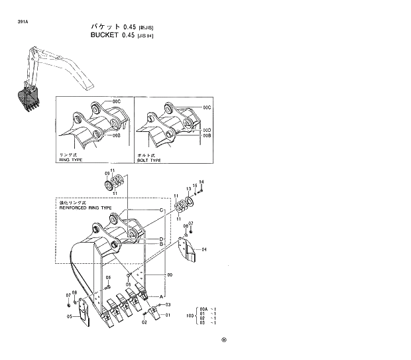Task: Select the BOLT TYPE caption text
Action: tap(148, 160)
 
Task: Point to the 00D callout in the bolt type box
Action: tap(207, 129)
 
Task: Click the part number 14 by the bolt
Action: tap(202, 182)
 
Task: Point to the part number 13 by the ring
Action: tap(188, 188)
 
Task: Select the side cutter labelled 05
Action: tap(84, 312)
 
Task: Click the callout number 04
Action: tap(204, 249)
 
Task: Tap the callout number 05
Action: tap(69, 317)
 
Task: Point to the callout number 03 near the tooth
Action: tap(168, 304)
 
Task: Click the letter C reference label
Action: tap(160, 210)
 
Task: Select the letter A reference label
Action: tap(160, 295)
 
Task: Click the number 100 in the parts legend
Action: tap(190, 315)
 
